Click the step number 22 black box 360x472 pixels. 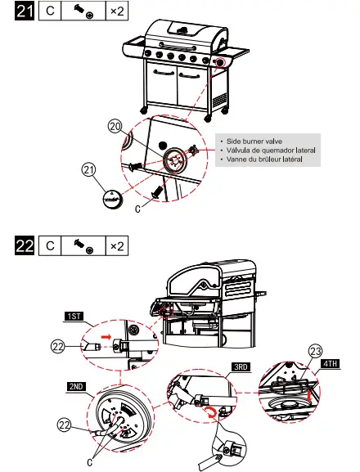coord(26,245)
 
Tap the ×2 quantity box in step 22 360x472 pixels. coord(116,245)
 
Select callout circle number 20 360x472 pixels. coord(115,126)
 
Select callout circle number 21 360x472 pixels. coord(88,170)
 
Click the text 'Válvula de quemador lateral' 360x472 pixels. coord(267,151)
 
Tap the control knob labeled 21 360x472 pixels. coord(109,198)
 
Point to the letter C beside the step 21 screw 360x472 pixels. coord(137,209)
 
